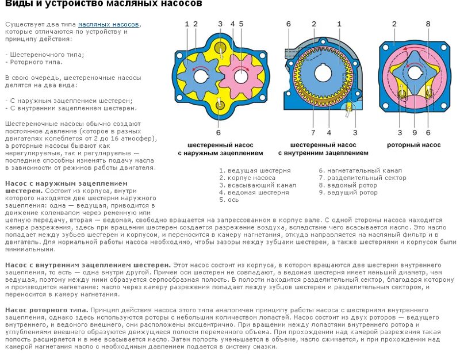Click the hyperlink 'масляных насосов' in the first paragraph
pyautogui.click(x=108, y=25)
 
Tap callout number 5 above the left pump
pyautogui.click(x=241, y=24)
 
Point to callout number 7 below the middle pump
pyautogui.click(x=313, y=132)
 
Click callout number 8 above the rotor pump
pyautogui.click(x=428, y=24)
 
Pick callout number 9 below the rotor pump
pyautogui.click(x=414, y=132)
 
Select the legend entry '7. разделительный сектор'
pyautogui.click(x=362, y=178)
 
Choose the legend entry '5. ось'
pyautogui.click(x=229, y=200)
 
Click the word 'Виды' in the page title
pyautogui.click(x=17, y=5)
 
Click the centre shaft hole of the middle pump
pyautogui.click(x=322, y=75)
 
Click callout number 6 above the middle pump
pyautogui.click(x=288, y=24)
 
